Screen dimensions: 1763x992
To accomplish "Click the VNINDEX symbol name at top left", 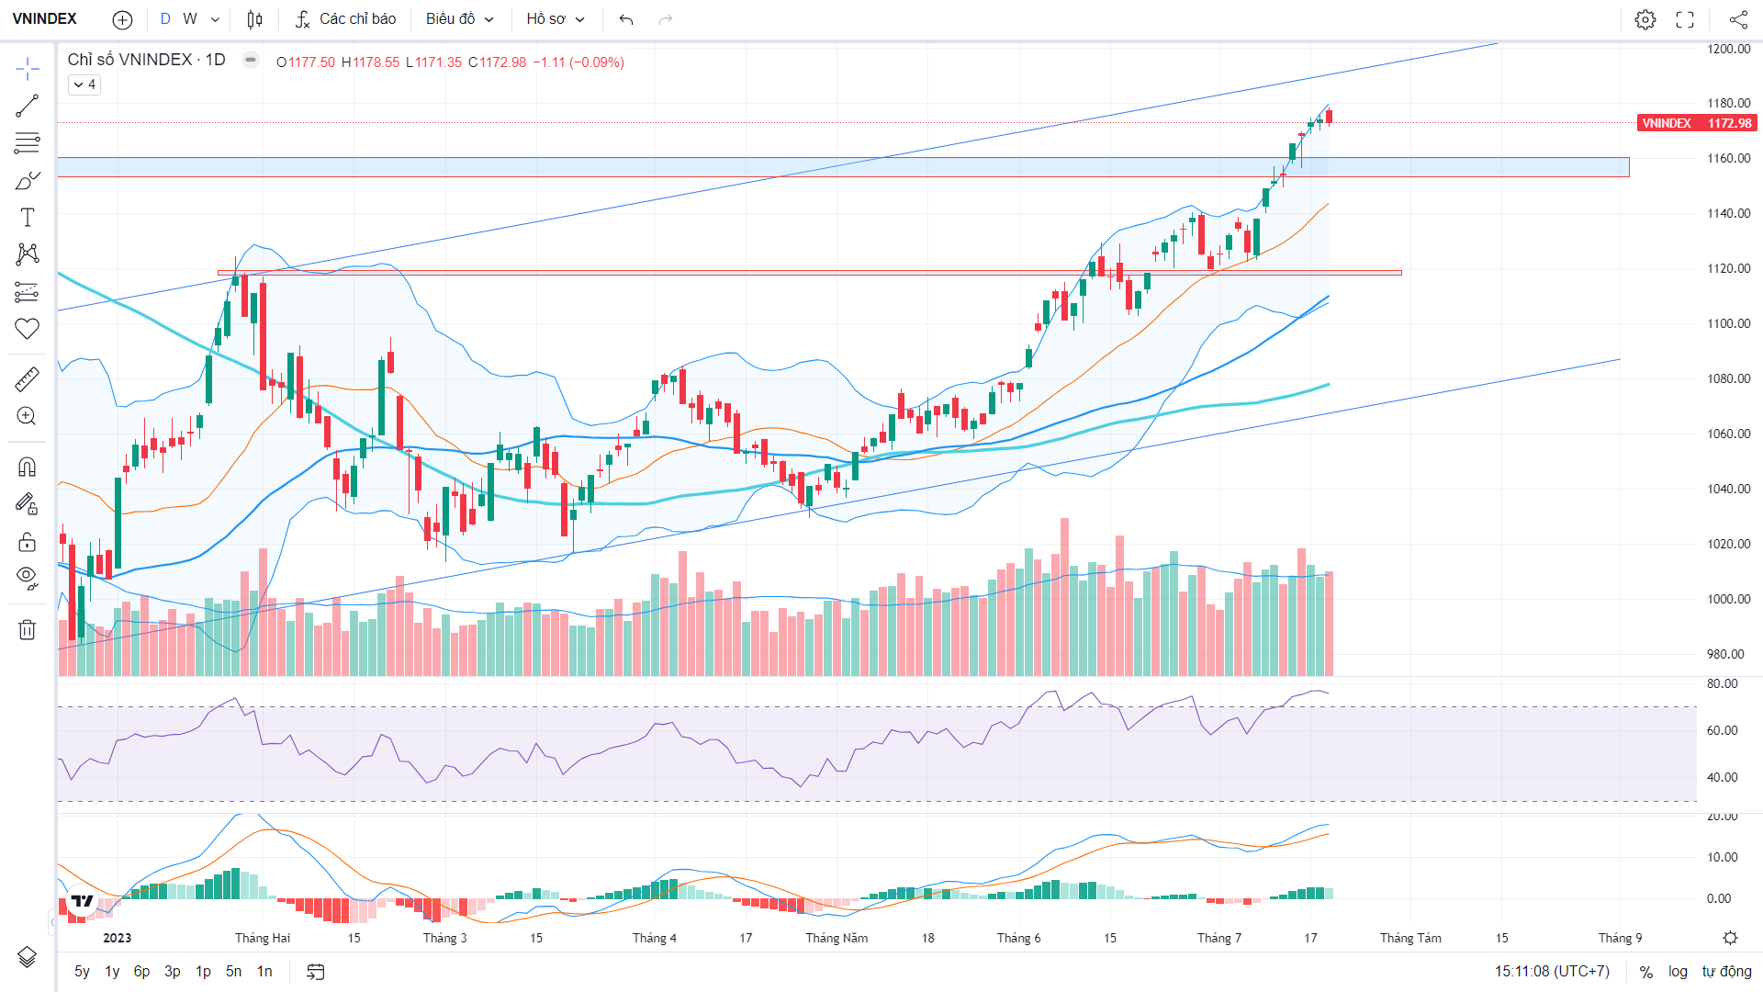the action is pos(44,18).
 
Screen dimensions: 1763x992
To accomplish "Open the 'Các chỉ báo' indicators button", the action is pos(345,18).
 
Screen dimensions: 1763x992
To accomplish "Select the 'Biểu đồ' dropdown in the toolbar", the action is pos(459,18).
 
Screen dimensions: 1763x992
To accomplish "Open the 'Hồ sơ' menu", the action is pos(555,18).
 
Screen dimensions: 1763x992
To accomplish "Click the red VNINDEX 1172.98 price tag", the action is pos(1696,123).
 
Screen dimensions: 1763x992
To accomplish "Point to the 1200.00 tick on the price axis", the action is pos(1729,49).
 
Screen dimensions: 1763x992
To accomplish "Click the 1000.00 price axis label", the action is pos(1729,599).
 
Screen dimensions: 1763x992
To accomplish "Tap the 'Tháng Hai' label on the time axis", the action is pos(263,938).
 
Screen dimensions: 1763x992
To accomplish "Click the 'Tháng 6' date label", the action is pos(1018,938).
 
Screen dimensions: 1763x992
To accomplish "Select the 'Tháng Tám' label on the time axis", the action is pos(1410,938).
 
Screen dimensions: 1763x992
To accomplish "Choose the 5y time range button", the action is pos(82,971).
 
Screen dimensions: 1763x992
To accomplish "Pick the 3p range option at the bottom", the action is pos(172,971).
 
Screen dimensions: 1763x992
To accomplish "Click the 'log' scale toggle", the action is pos(1678,971).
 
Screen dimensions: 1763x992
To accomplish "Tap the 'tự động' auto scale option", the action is pos(1726,971).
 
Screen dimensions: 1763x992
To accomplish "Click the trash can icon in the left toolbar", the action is pos(28,629).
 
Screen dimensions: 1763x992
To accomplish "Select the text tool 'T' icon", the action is pos(28,218).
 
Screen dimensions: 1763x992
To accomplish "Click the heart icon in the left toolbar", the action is pos(28,328).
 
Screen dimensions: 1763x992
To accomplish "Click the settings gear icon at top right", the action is pos(1645,19).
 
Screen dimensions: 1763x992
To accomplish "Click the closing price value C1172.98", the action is pos(497,62).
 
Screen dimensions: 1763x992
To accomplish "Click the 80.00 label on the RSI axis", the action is pos(1723,683).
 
